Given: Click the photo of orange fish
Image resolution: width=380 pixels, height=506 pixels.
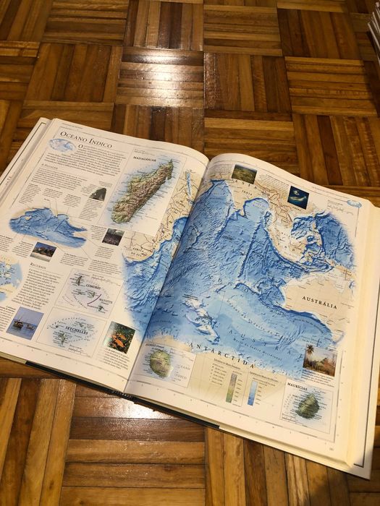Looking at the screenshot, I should coord(119,338).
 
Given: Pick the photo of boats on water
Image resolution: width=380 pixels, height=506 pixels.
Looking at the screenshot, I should coord(24,322).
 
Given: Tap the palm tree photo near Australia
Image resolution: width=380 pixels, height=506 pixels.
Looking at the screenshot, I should coord(318,359).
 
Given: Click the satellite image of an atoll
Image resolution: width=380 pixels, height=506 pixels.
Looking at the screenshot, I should coord(297,195).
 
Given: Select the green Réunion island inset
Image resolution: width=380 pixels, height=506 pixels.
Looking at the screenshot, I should coord(161,361).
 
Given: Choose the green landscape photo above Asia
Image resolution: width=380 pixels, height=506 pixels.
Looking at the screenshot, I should coord(243,172).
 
